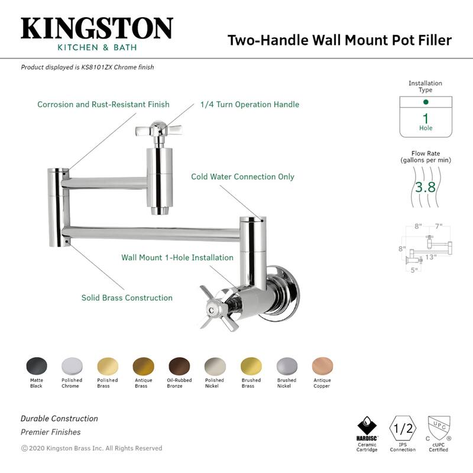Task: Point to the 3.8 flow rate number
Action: coord(425,188)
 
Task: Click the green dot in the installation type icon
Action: coord(426,102)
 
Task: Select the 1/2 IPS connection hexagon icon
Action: coord(403,426)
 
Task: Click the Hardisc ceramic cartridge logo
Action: coord(367,427)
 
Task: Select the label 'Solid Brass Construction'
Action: coord(127,298)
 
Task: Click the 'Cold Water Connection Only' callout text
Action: coord(242,177)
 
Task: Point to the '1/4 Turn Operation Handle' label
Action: coord(250,105)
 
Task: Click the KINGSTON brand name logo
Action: coord(97,28)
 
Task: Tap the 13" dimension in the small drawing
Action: coord(430,257)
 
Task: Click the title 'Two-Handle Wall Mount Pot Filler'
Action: coord(339,40)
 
